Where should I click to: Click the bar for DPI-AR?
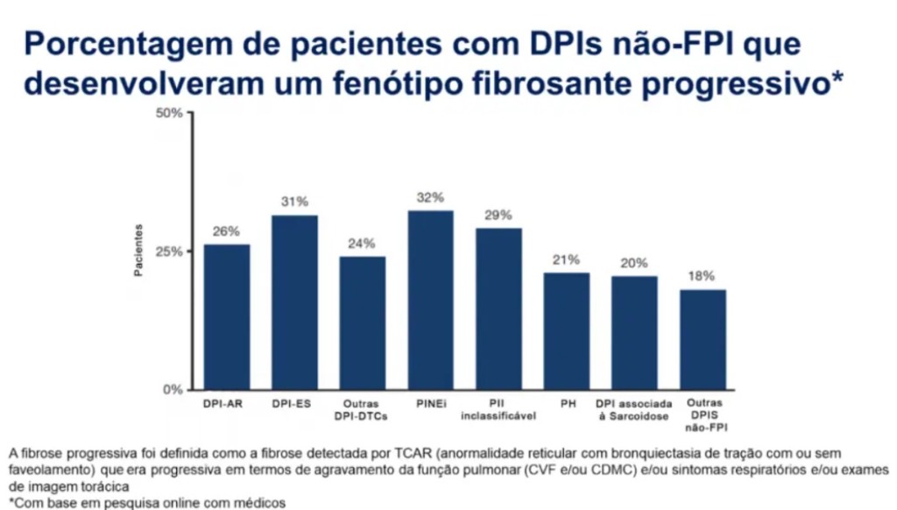(227, 316)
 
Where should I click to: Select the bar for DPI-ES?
(294, 302)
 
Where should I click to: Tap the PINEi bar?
(430, 300)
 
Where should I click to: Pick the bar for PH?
(567, 330)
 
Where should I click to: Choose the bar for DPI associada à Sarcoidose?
(634, 332)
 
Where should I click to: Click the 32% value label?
(430, 197)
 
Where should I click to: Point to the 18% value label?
(703, 276)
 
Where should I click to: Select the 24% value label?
(362, 243)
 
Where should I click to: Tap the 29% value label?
(498, 215)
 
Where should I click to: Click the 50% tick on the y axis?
(169, 113)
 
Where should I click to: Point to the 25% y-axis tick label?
(169, 251)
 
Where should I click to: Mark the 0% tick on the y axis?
(173, 389)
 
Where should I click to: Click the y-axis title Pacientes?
(138, 251)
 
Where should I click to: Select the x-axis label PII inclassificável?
(498, 409)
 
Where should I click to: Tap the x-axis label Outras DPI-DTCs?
(362, 409)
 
